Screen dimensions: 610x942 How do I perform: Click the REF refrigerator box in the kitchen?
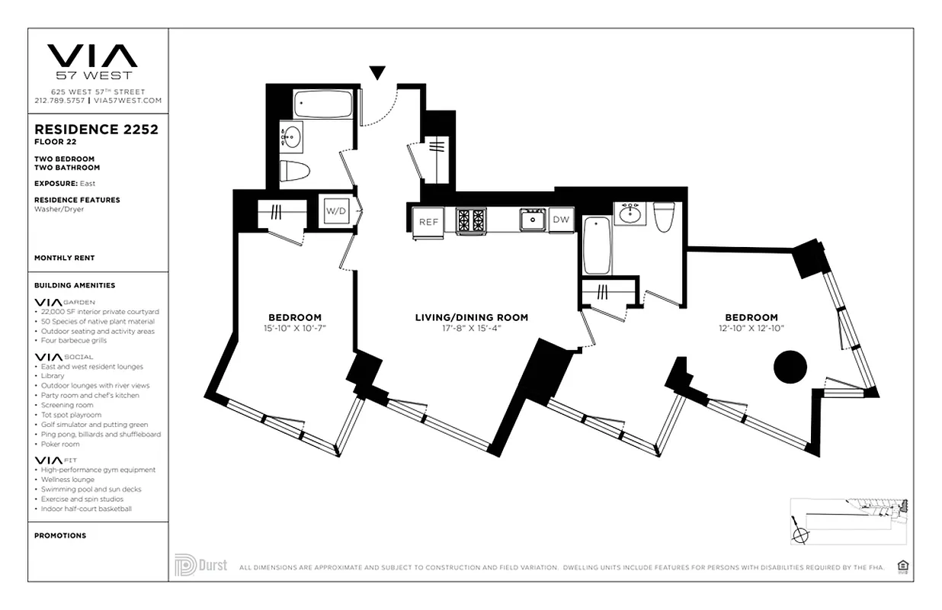point(428,221)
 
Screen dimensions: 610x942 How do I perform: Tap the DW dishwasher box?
point(561,220)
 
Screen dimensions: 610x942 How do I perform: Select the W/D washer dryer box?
point(335,210)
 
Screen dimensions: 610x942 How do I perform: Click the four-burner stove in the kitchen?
point(471,220)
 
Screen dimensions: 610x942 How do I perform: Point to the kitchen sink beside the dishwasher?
point(532,220)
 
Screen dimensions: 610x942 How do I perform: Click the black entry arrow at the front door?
point(376,73)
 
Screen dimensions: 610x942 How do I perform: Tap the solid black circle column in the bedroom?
point(790,367)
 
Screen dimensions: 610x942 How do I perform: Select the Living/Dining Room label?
point(471,318)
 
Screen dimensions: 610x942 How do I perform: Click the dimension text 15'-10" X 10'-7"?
point(294,329)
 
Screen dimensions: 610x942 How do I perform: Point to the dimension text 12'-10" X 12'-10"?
point(751,329)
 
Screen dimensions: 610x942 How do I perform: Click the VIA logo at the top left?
point(92,56)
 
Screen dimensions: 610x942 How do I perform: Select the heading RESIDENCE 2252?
point(96,130)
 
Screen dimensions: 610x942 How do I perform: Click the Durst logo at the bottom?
point(200,565)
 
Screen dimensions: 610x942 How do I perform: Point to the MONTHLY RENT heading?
point(64,258)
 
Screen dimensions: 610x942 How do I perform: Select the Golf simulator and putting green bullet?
point(94,425)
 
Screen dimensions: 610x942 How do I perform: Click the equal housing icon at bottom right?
point(904,566)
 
